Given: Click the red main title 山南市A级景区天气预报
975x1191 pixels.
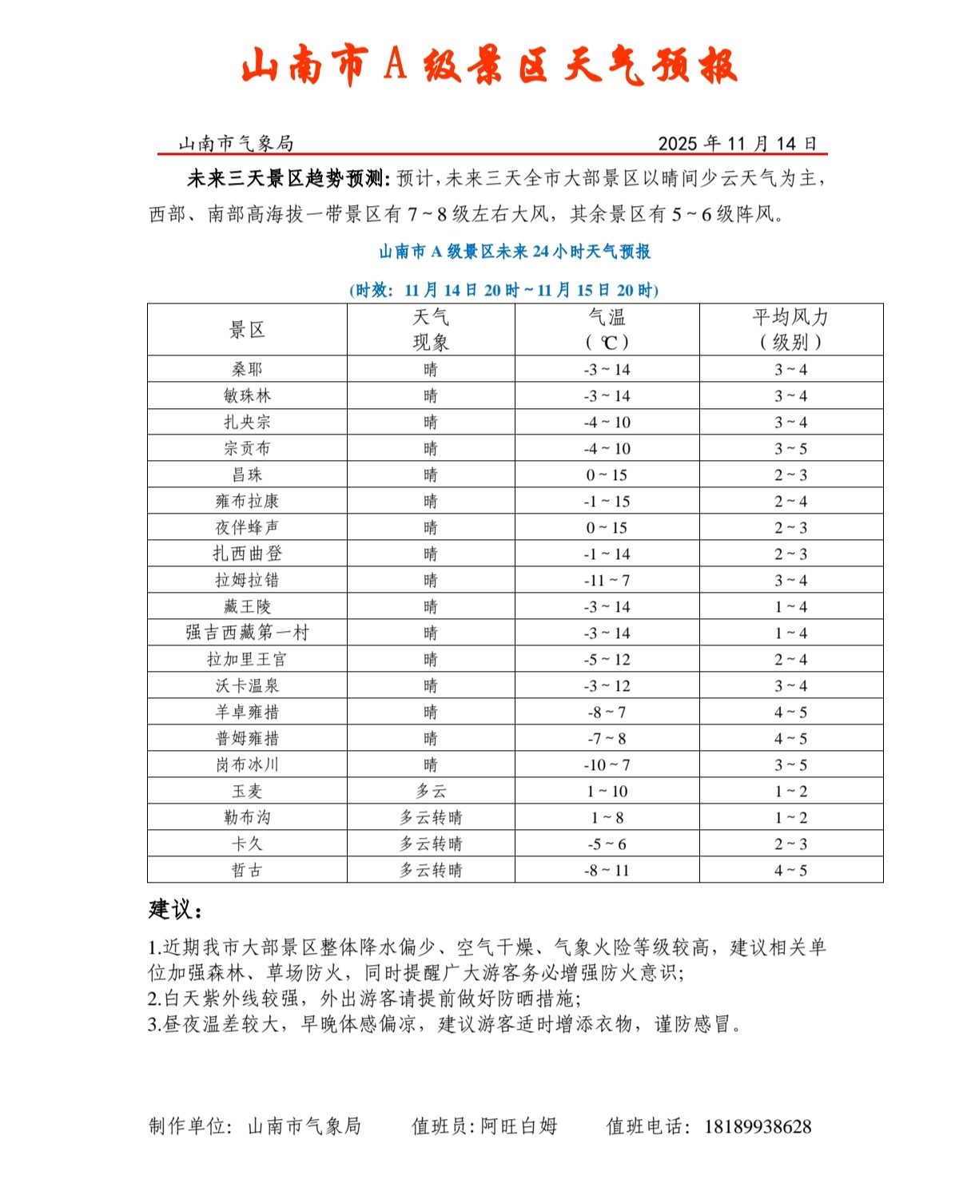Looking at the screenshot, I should (x=488, y=66).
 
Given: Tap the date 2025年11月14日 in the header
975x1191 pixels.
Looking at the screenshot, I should (x=737, y=144).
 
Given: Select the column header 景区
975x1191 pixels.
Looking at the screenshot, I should (x=247, y=330).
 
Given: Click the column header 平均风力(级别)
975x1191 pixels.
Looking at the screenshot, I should (x=790, y=330).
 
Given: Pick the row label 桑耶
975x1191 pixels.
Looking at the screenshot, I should (x=247, y=369).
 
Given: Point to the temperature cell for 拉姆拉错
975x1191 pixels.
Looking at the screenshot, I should (x=607, y=580).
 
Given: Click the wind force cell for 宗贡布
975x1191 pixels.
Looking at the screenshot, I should (x=790, y=448).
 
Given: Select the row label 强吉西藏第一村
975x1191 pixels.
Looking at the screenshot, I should (x=247, y=633).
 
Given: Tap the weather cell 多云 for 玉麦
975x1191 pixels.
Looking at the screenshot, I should (x=431, y=791).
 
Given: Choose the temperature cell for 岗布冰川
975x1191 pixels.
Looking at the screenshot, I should (x=607, y=764).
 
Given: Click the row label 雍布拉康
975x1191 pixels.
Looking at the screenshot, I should (x=247, y=501).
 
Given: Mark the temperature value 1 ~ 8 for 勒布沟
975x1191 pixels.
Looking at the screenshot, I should (x=607, y=817).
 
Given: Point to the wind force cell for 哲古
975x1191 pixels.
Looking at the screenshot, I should (x=790, y=870).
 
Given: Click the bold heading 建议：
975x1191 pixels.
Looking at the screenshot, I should (x=176, y=909).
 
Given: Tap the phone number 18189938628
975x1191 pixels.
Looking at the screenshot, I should (x=757, y=1126).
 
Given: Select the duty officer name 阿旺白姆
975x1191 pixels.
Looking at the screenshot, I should (x=519, y=1126).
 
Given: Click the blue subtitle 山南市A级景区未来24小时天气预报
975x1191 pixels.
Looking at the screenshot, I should (x=515, y=252).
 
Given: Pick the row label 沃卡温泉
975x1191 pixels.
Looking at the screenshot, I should (x=247, y=685).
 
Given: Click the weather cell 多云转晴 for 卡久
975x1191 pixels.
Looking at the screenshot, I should (x=431, y=844).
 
